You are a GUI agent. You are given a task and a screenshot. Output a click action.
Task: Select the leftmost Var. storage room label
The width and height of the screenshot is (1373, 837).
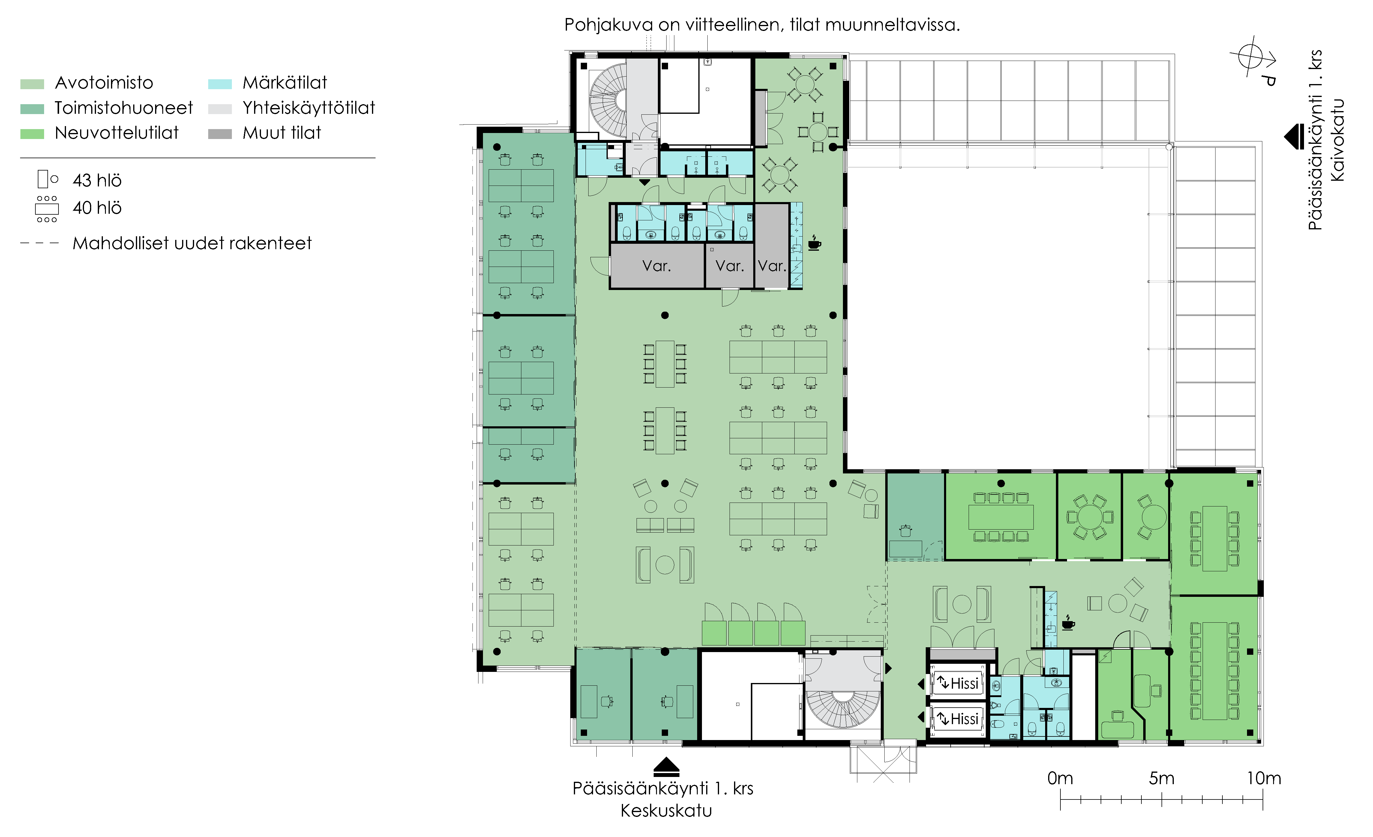(656, 266)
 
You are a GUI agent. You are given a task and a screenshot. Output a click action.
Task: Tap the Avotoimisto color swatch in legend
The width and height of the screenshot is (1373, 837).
(32, 84)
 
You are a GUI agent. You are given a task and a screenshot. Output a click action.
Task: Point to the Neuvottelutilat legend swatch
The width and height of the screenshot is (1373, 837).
(32, 134)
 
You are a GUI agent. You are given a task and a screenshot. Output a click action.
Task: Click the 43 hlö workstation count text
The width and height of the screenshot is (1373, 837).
(97, 180)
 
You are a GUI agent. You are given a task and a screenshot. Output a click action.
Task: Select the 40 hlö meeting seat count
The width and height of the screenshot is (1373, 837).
(97, 208)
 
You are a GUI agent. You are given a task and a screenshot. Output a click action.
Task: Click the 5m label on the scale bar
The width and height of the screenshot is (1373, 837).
(1162, 778)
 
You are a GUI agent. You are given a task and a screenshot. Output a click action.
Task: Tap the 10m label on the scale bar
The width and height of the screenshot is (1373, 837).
(1264, 778)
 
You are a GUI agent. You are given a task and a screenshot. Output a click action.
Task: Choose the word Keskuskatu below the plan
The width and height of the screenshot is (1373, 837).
(667, 810)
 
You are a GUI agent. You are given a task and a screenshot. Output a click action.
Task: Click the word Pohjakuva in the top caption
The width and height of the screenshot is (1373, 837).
(608, 25)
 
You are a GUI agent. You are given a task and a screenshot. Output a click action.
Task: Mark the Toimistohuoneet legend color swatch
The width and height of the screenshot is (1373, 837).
(32, 109)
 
